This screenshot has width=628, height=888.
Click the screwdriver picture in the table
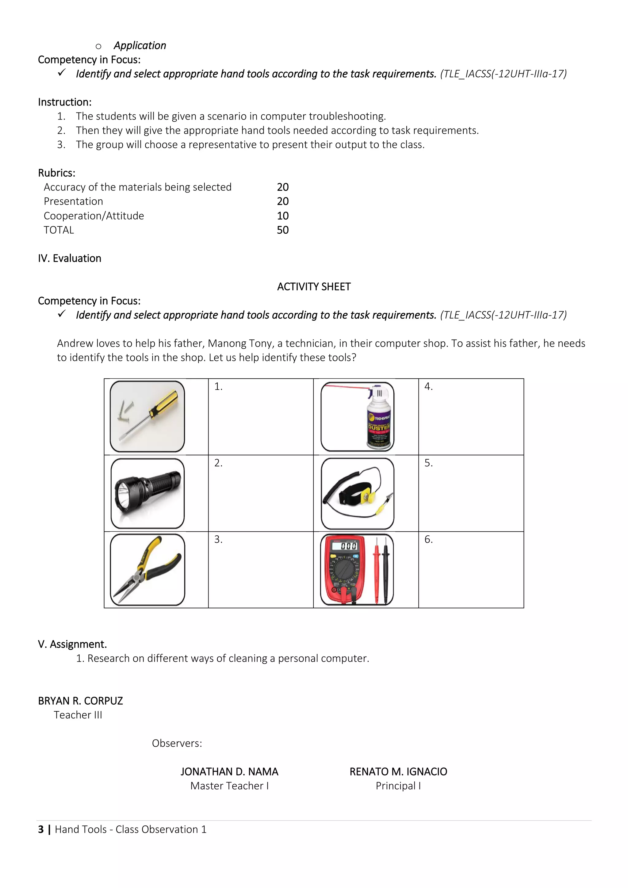pos(147,416)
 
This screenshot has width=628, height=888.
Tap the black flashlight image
pos(147,493)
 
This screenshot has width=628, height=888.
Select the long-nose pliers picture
pos(147,569)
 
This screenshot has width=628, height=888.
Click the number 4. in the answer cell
pos(428,386)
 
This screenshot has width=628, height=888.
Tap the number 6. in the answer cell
pos(428,539)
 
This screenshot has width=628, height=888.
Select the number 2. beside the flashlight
pos(218,463)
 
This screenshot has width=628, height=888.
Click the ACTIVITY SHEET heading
pos(314,287)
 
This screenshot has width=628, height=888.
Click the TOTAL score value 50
pos(283,230)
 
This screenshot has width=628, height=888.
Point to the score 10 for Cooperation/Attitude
pos(283,216)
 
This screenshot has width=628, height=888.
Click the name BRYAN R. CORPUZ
pos(80,701)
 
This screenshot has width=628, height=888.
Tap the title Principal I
pos(398,786)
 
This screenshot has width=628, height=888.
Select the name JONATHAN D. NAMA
pos(229,771)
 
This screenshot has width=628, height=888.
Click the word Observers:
pos(177,743)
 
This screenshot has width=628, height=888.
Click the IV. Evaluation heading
pos(70,258)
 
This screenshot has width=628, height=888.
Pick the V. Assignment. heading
pos(72,644)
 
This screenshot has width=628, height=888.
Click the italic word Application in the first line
pos(140,46)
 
